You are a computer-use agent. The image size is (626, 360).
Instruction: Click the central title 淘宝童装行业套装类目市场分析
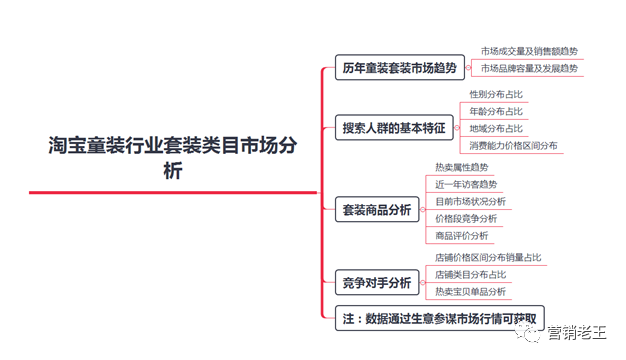click(173, 158)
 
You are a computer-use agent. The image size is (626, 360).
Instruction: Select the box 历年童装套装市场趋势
click(399, 69)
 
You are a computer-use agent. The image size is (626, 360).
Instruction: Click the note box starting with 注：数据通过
click(441, 319)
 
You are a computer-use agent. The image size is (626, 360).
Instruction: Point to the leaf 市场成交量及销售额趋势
click(528, 51)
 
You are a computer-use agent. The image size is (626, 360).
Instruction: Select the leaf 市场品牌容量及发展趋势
click(529, 69)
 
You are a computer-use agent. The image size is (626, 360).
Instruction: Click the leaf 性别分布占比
click(496, 94)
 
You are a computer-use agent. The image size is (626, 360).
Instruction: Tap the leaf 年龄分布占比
click(496, 111)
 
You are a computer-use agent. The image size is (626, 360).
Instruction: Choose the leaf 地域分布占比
click(496, 128)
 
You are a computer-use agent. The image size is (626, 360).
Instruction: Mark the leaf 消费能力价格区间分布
click(514, 146)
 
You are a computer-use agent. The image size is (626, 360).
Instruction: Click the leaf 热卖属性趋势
click(462, 167)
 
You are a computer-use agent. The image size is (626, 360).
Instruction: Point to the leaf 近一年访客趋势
click(466, 185)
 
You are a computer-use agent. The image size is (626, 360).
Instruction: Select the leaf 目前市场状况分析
click(470, 202)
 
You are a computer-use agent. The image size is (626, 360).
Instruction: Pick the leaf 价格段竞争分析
click(466, 219)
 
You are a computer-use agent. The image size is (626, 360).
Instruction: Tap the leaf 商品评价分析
click(462, 236)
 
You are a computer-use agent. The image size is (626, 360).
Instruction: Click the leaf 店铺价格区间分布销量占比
click(488, 258)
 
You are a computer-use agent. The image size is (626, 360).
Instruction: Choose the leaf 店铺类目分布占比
click(470, 274)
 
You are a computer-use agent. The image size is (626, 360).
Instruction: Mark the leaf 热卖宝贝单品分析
click(470, 291)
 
